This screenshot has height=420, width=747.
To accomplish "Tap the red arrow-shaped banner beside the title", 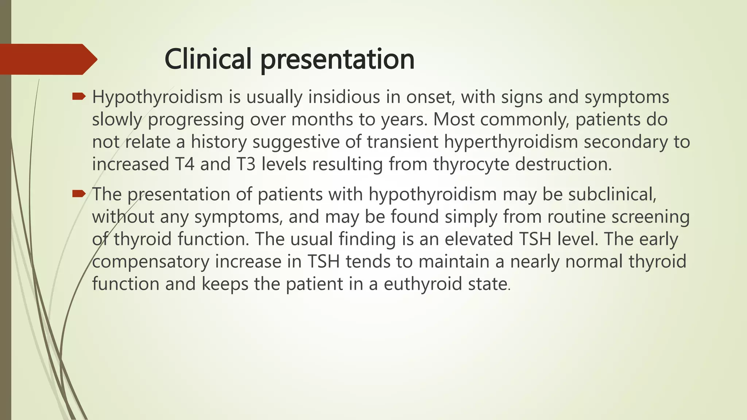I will [x=47, y=59].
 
